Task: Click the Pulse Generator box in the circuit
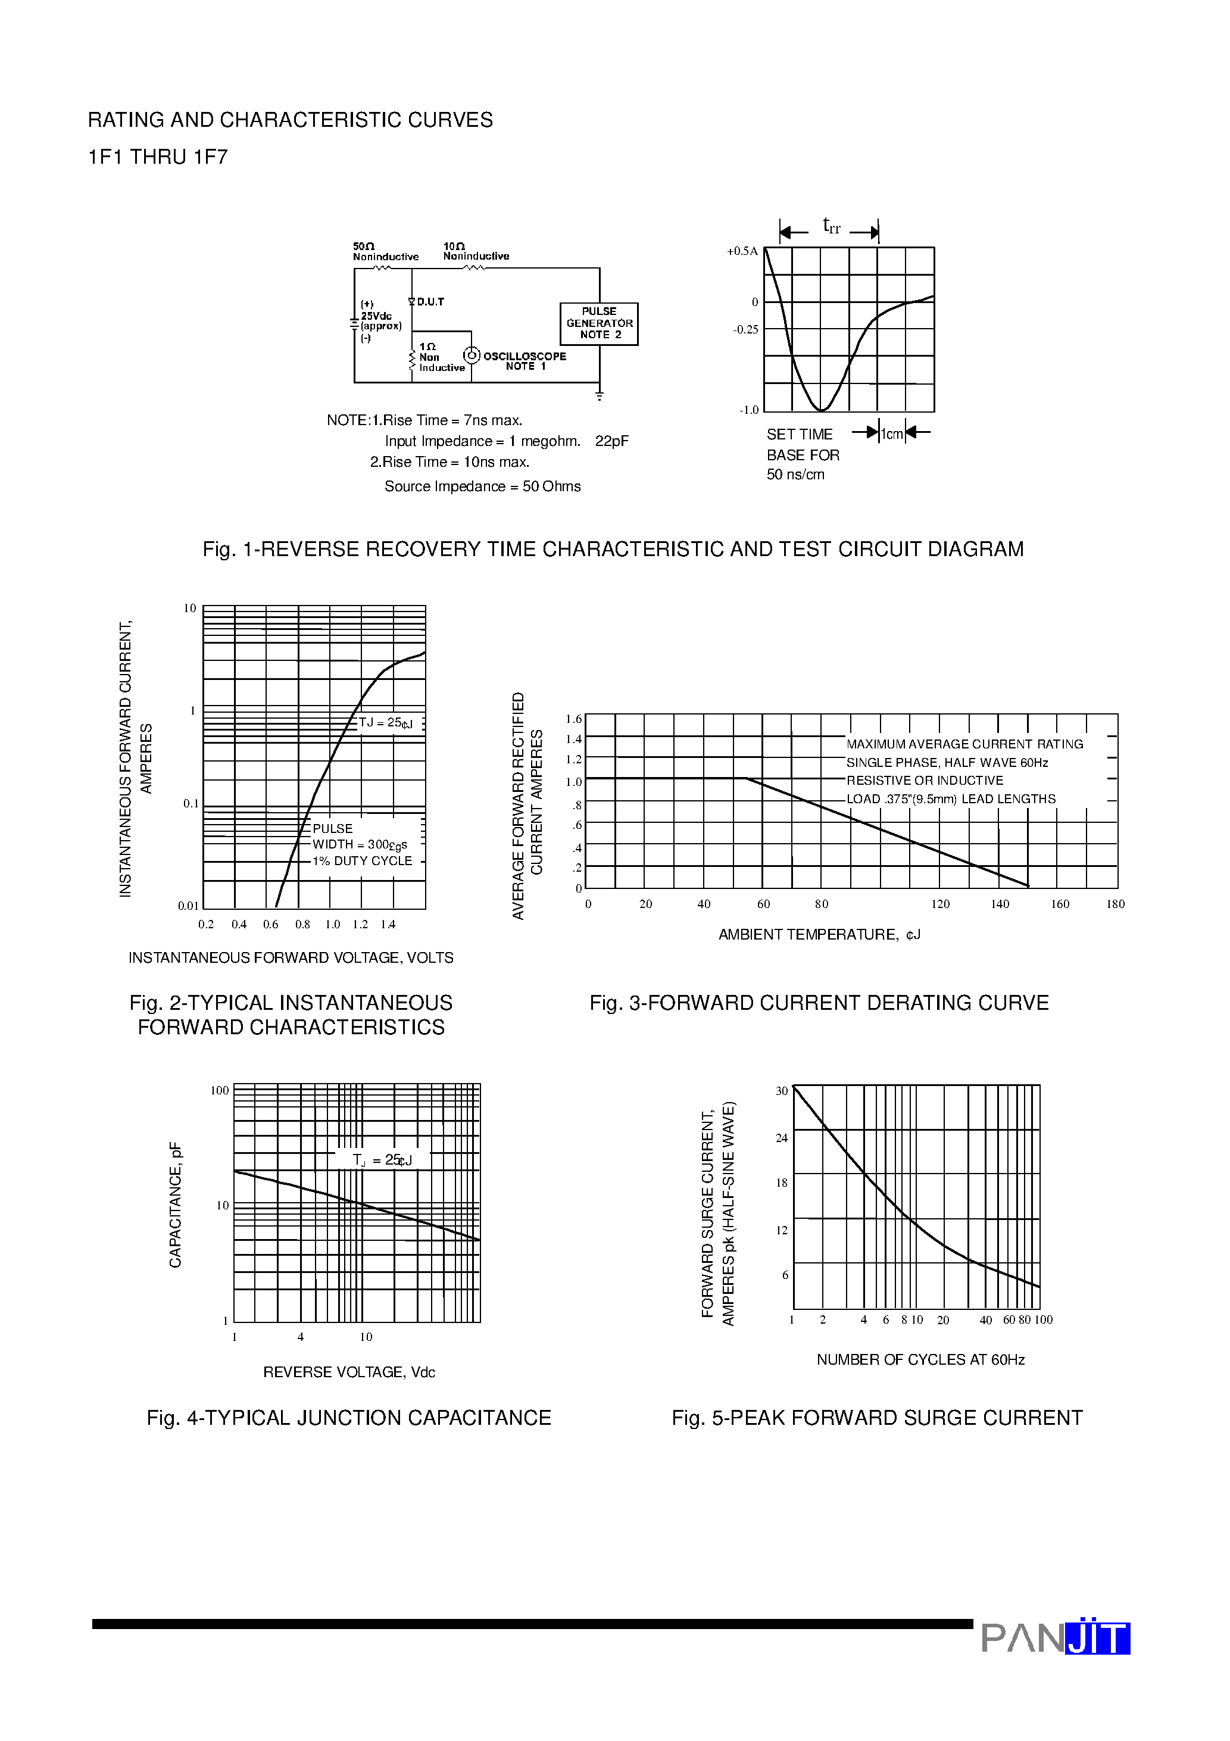point(598,324)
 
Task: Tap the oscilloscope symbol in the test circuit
point(472,355)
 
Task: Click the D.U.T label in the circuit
point(430,302)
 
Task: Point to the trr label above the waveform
point(831,226)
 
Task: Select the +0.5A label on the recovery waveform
point(742,251)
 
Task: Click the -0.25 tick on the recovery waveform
point(745,330)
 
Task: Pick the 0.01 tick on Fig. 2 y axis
point(188,906)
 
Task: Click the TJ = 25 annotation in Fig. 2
point(385,723)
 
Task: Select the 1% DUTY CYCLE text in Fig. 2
point(363,862)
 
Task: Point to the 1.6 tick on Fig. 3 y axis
point(573,719)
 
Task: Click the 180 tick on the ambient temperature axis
point(1115,904)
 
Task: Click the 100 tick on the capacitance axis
point(219,1090)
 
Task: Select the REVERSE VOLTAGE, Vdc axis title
point(349,1372)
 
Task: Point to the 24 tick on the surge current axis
point(781,1137)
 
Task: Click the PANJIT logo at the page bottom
point(1055,1638)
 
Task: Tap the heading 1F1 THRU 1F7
point(158,157)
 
